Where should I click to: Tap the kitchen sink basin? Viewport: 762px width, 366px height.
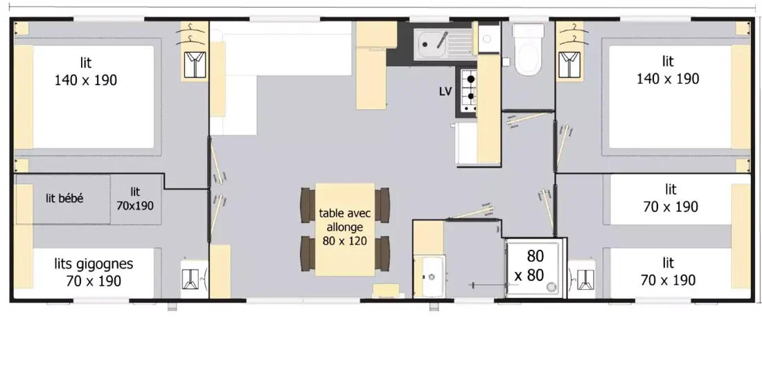click(429, 45)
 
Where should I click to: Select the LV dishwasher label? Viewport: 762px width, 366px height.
click(445, 91)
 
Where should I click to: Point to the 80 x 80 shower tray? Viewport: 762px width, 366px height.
click(535, 267)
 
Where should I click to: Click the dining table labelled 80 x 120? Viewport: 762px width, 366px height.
click(344, 229)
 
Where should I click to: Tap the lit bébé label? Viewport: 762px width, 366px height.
click(64, 199)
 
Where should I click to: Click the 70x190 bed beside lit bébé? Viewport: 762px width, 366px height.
click(136, 199)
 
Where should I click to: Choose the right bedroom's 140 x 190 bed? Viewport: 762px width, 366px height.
click(670, 97)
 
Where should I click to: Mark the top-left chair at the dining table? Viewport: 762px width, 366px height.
click(308, 205)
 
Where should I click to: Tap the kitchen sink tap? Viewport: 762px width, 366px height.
click(442, 39)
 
